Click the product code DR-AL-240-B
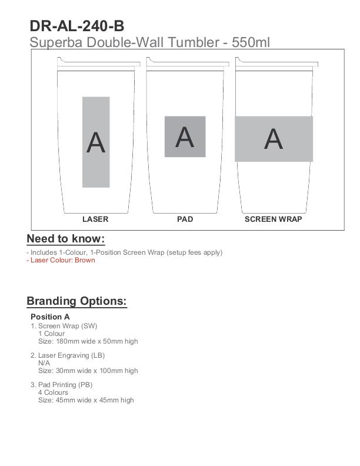click(76, 26)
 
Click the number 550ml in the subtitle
click(251, 42)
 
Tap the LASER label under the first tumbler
click(95, 219)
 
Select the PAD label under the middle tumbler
click(185, 219)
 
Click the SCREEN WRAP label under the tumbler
click(273, 219)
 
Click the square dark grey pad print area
click(185, 137)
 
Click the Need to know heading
click(65, 238)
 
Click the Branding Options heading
click(76, 301)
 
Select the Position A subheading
click(50, 317)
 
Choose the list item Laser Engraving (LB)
click(71, 355)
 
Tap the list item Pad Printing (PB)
click(65, 385)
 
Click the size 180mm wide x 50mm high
click(88, 341)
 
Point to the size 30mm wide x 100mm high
click(88, 371)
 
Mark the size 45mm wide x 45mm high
click(86, 400)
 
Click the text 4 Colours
click(53, 392)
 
